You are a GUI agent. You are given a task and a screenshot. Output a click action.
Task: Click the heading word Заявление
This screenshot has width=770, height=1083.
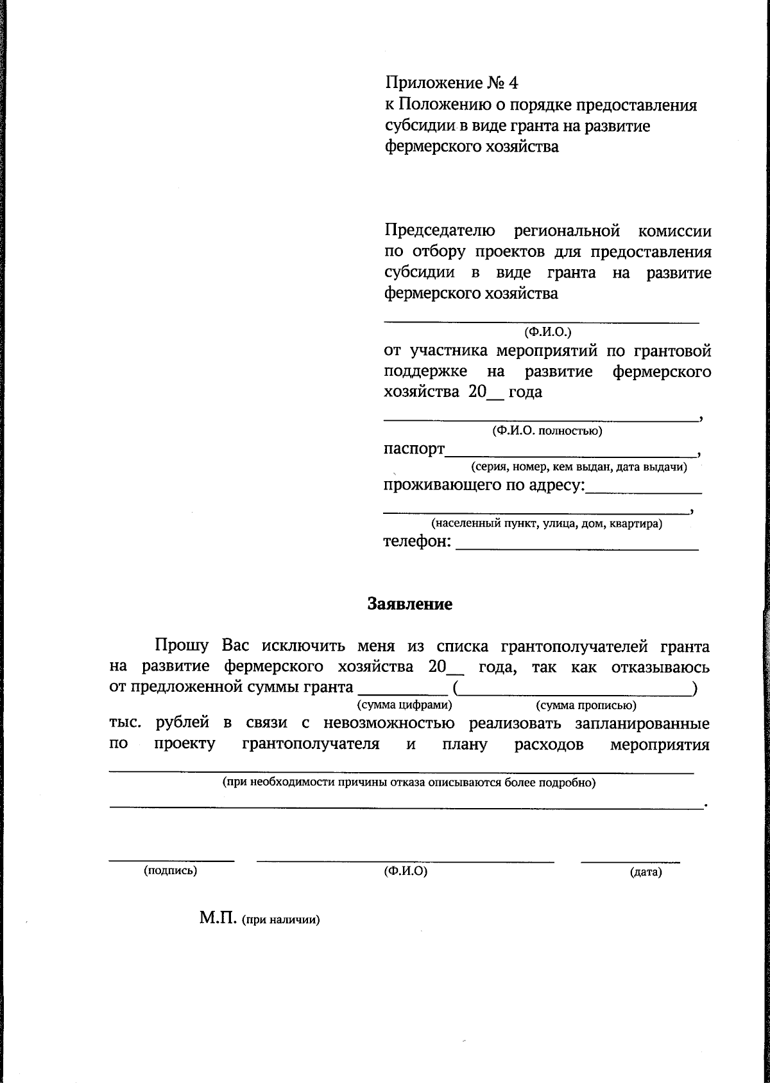click(x=409, y=604)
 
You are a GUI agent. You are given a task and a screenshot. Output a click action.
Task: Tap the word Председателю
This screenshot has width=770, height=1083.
click(x=440, y=231)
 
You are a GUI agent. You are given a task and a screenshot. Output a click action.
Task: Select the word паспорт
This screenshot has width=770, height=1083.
click(x=414, y=448)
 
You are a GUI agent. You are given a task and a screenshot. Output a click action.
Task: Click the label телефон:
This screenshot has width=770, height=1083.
click(x=417, y=541)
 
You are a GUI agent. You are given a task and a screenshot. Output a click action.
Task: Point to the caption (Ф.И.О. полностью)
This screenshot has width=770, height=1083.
click(x=547, y=431)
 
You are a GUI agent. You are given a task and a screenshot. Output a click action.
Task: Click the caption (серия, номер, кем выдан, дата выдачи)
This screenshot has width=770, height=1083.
click(x=579, y=467)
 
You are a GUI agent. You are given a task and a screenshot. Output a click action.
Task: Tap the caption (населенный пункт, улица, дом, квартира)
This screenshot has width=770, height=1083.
click(x=547, y=524)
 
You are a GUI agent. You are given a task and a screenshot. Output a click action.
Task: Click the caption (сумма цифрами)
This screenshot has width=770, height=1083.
click(x=404, y=705)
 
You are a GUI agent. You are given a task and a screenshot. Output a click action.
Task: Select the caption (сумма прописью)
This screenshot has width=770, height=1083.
click(x=586, y=705)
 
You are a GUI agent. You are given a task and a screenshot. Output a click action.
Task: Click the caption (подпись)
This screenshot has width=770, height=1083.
click(x=171, y=871)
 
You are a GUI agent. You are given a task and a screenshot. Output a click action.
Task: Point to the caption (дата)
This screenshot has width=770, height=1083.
click(x=646, y=872)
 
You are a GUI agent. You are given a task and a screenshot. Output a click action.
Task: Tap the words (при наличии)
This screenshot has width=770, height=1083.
click(x=280, y=919)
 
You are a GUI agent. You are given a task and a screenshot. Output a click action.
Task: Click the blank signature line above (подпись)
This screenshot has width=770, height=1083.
click(x=171, y=859)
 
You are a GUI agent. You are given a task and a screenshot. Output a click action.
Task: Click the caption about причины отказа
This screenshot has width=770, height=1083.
click(x=409, y=783)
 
